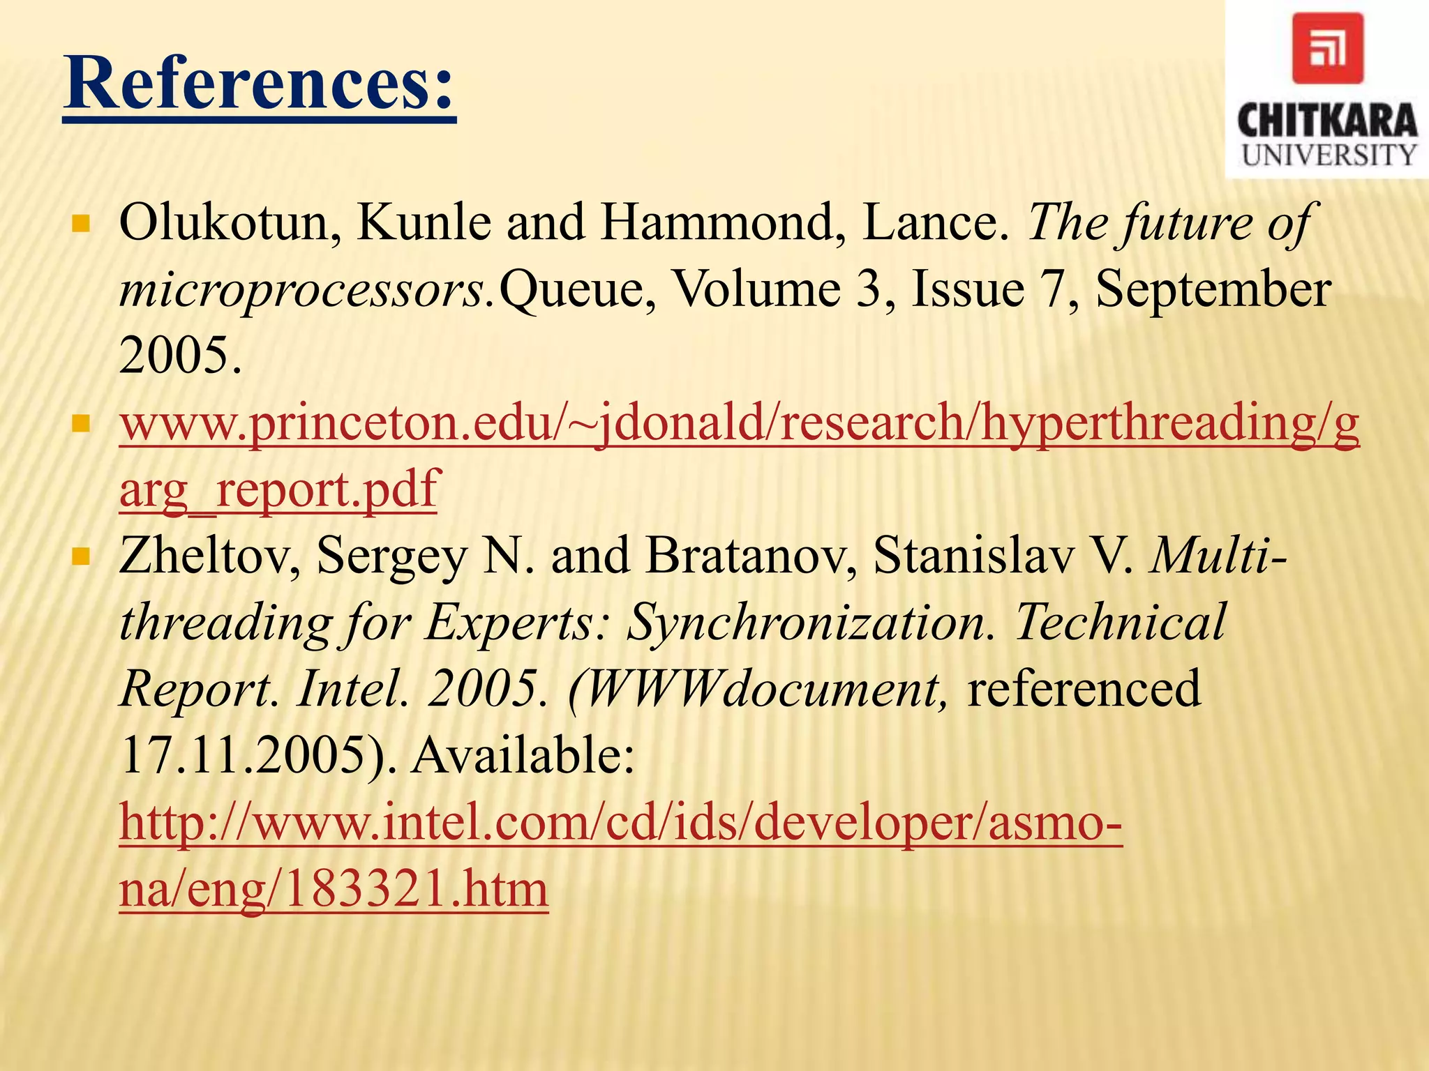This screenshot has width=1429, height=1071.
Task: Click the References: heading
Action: pos(259,85)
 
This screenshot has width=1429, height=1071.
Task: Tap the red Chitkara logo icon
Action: pos(1327,48)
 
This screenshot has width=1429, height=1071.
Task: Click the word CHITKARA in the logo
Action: pos(1327,121)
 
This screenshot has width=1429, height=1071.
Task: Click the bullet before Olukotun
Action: pos(82,224)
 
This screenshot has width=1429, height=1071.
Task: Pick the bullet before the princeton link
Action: pos(82,423)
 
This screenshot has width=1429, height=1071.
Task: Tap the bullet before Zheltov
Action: pos(82,556)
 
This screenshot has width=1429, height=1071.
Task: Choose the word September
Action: pos(1213,289)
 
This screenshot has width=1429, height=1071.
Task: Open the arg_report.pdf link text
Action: pos(279,489)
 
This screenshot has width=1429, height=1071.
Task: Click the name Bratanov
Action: pos(751,556)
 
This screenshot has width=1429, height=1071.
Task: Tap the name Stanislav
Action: pos(974,556)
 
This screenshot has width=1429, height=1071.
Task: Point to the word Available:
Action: pos(523,755)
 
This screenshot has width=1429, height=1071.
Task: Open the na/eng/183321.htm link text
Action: pos(334,889)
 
